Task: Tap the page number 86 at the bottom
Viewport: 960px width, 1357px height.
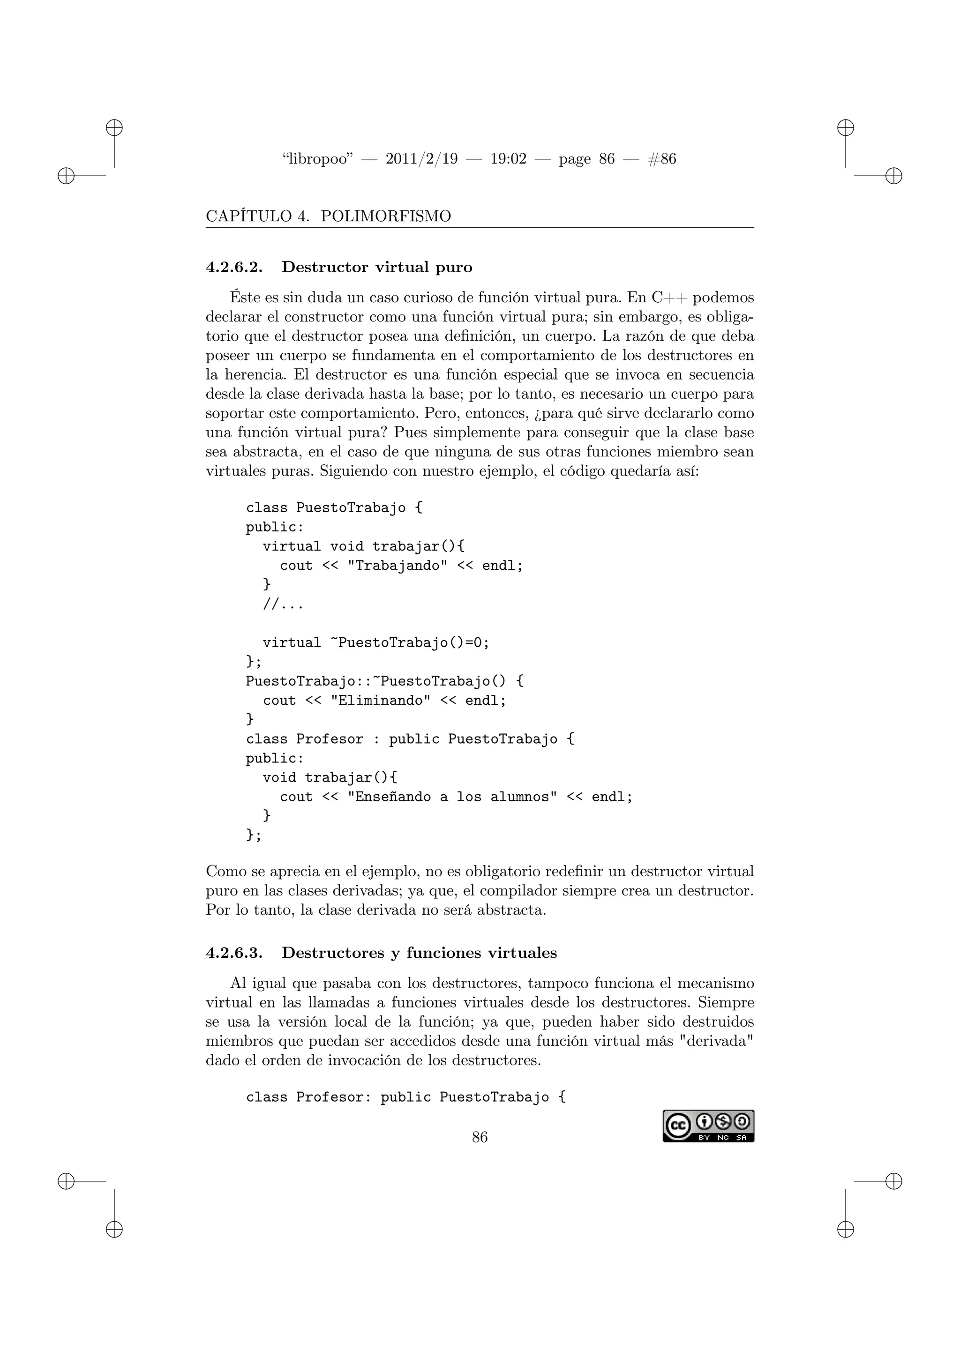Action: click(480, 1137)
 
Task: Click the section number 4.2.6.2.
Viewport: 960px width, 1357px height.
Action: click(234, 267)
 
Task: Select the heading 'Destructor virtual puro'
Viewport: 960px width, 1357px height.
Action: click(377, 267)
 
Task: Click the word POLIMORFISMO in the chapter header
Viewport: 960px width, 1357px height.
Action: click(385, 216)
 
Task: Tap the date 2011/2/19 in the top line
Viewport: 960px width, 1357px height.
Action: click(421, 159)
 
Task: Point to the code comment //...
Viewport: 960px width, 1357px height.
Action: click(283, 604)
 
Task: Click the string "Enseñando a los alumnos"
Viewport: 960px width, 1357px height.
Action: click(452, 797)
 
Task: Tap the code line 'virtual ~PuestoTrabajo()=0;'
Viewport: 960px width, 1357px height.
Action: click(376, 643)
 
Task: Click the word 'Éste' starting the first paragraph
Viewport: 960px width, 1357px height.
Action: click(244, 297)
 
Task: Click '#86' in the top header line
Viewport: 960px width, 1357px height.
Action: click(662, 159)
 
